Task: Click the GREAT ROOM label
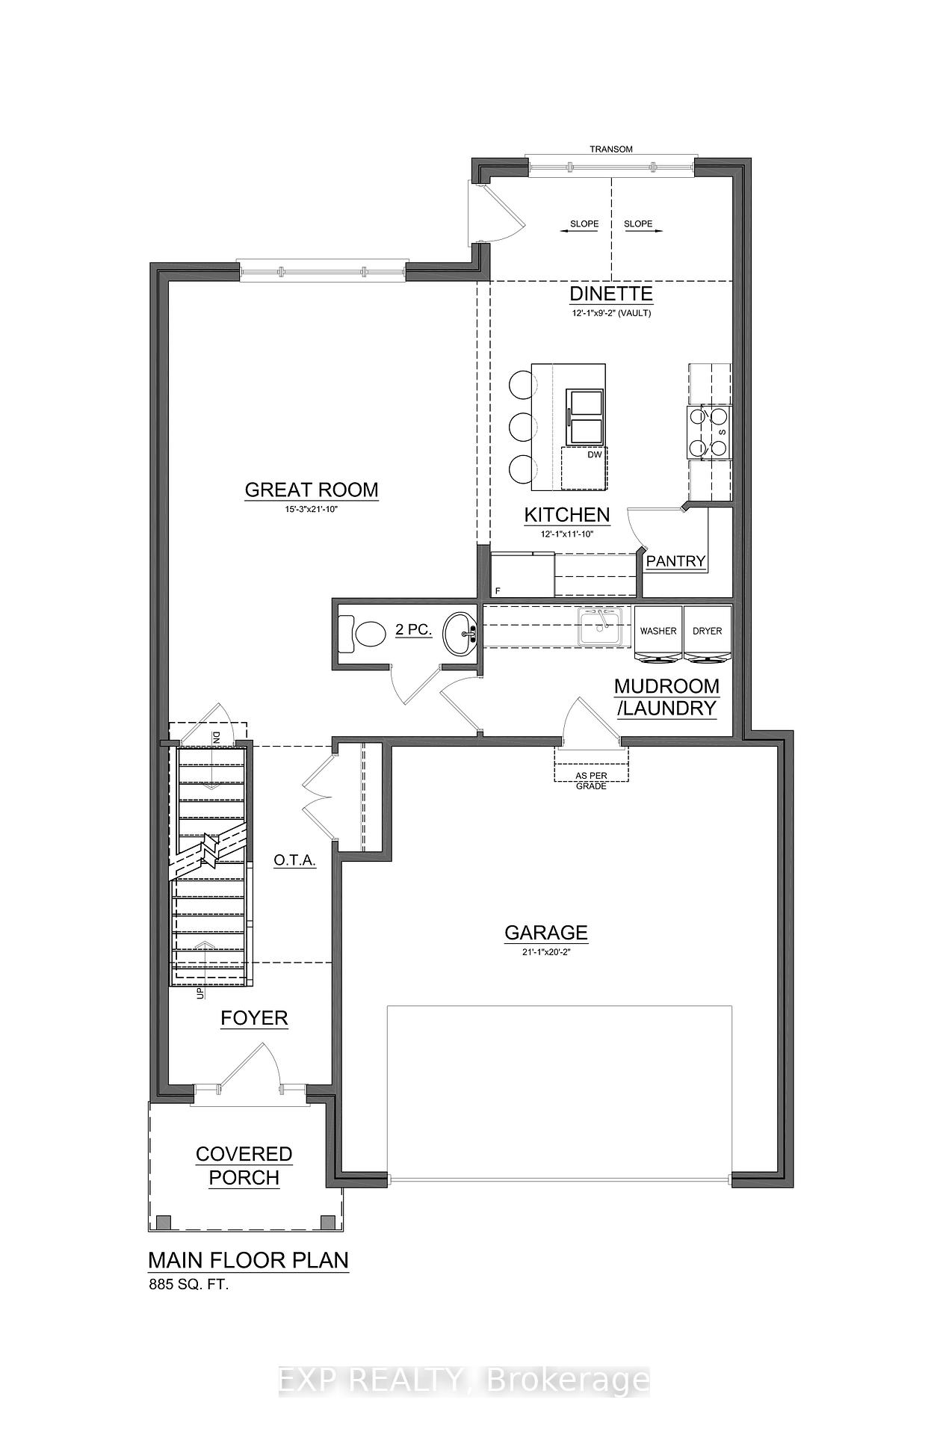(311, 490)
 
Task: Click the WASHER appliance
(658, 632)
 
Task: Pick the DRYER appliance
(707, 632)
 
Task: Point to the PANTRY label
(675, 561)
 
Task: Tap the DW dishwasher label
(594, 454)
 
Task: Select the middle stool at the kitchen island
(520, 428)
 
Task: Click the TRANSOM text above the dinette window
(610, 149)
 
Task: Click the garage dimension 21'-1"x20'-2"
(545, 951)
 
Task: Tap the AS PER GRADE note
(591, 781)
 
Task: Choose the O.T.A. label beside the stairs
(294, 860)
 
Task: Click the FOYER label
(254, 1018)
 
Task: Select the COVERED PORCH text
(244, 1165)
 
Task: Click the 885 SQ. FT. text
(188, 1286)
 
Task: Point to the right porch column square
(327, 1223)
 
